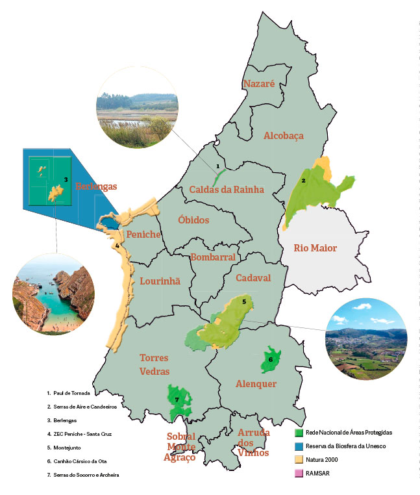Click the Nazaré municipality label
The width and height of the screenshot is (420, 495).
(x=259, y=84)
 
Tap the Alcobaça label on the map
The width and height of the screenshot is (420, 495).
(x=283, y=135)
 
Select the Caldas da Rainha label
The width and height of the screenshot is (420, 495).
(x=227, y=190)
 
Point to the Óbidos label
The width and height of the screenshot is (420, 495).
(x=193, y=220)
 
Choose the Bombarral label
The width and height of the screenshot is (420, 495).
(x=212, y=257)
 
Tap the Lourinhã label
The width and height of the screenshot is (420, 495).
(x=160, y=281)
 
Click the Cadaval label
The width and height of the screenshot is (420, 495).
(x=253, y=278)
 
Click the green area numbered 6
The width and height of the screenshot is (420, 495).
(x=271, y=359)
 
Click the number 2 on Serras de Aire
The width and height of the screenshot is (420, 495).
(x=303, y=180)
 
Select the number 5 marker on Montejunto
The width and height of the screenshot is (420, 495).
(x=243, y=301)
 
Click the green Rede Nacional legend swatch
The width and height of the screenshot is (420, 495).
(x=299, y=432)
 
